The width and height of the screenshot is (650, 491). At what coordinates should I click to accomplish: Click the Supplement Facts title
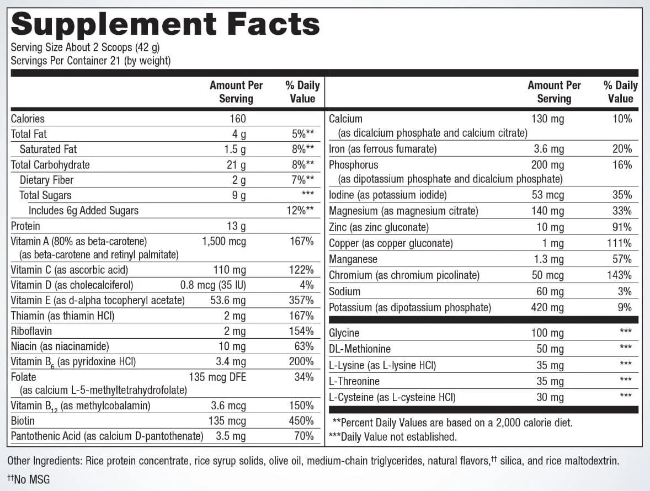(x=165, y=24)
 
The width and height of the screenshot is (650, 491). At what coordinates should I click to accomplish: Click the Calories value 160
(x=237, y=119)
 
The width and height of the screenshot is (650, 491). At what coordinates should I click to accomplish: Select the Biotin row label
(x=23, y=421)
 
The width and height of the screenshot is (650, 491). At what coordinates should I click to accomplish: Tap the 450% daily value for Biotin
(x=301, y=421)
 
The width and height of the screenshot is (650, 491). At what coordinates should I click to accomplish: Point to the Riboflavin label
(x=31, y=331)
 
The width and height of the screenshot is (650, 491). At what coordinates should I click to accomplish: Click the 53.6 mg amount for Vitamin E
(x=228, y=300)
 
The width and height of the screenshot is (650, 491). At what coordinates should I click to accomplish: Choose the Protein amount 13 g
(x=236, y=226)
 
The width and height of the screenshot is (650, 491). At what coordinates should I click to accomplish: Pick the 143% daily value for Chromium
(x=619, y=275)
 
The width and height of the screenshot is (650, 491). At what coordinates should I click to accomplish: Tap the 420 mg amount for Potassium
(x=547, y=307)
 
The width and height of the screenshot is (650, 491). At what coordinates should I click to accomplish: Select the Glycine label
(x=344, y=333)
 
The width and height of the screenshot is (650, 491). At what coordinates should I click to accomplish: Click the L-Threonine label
(x=354, y=381)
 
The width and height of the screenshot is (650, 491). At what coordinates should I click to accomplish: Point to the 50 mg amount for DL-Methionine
(x=550, y=349)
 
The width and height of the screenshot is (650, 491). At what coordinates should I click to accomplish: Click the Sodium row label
(x=344, y=291)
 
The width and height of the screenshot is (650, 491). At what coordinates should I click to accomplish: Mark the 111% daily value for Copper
(x=619, y=243)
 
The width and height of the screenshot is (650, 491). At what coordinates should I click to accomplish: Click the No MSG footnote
(x=29, y=479)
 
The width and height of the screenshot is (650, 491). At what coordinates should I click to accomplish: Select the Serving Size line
(x=86, y=47)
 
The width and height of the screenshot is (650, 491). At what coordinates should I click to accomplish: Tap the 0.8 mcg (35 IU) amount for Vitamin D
(x=213, y=285)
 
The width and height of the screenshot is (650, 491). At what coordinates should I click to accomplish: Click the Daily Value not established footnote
(x=392, y=437)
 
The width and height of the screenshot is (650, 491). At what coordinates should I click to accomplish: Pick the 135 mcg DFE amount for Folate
(x=217, y=377)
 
